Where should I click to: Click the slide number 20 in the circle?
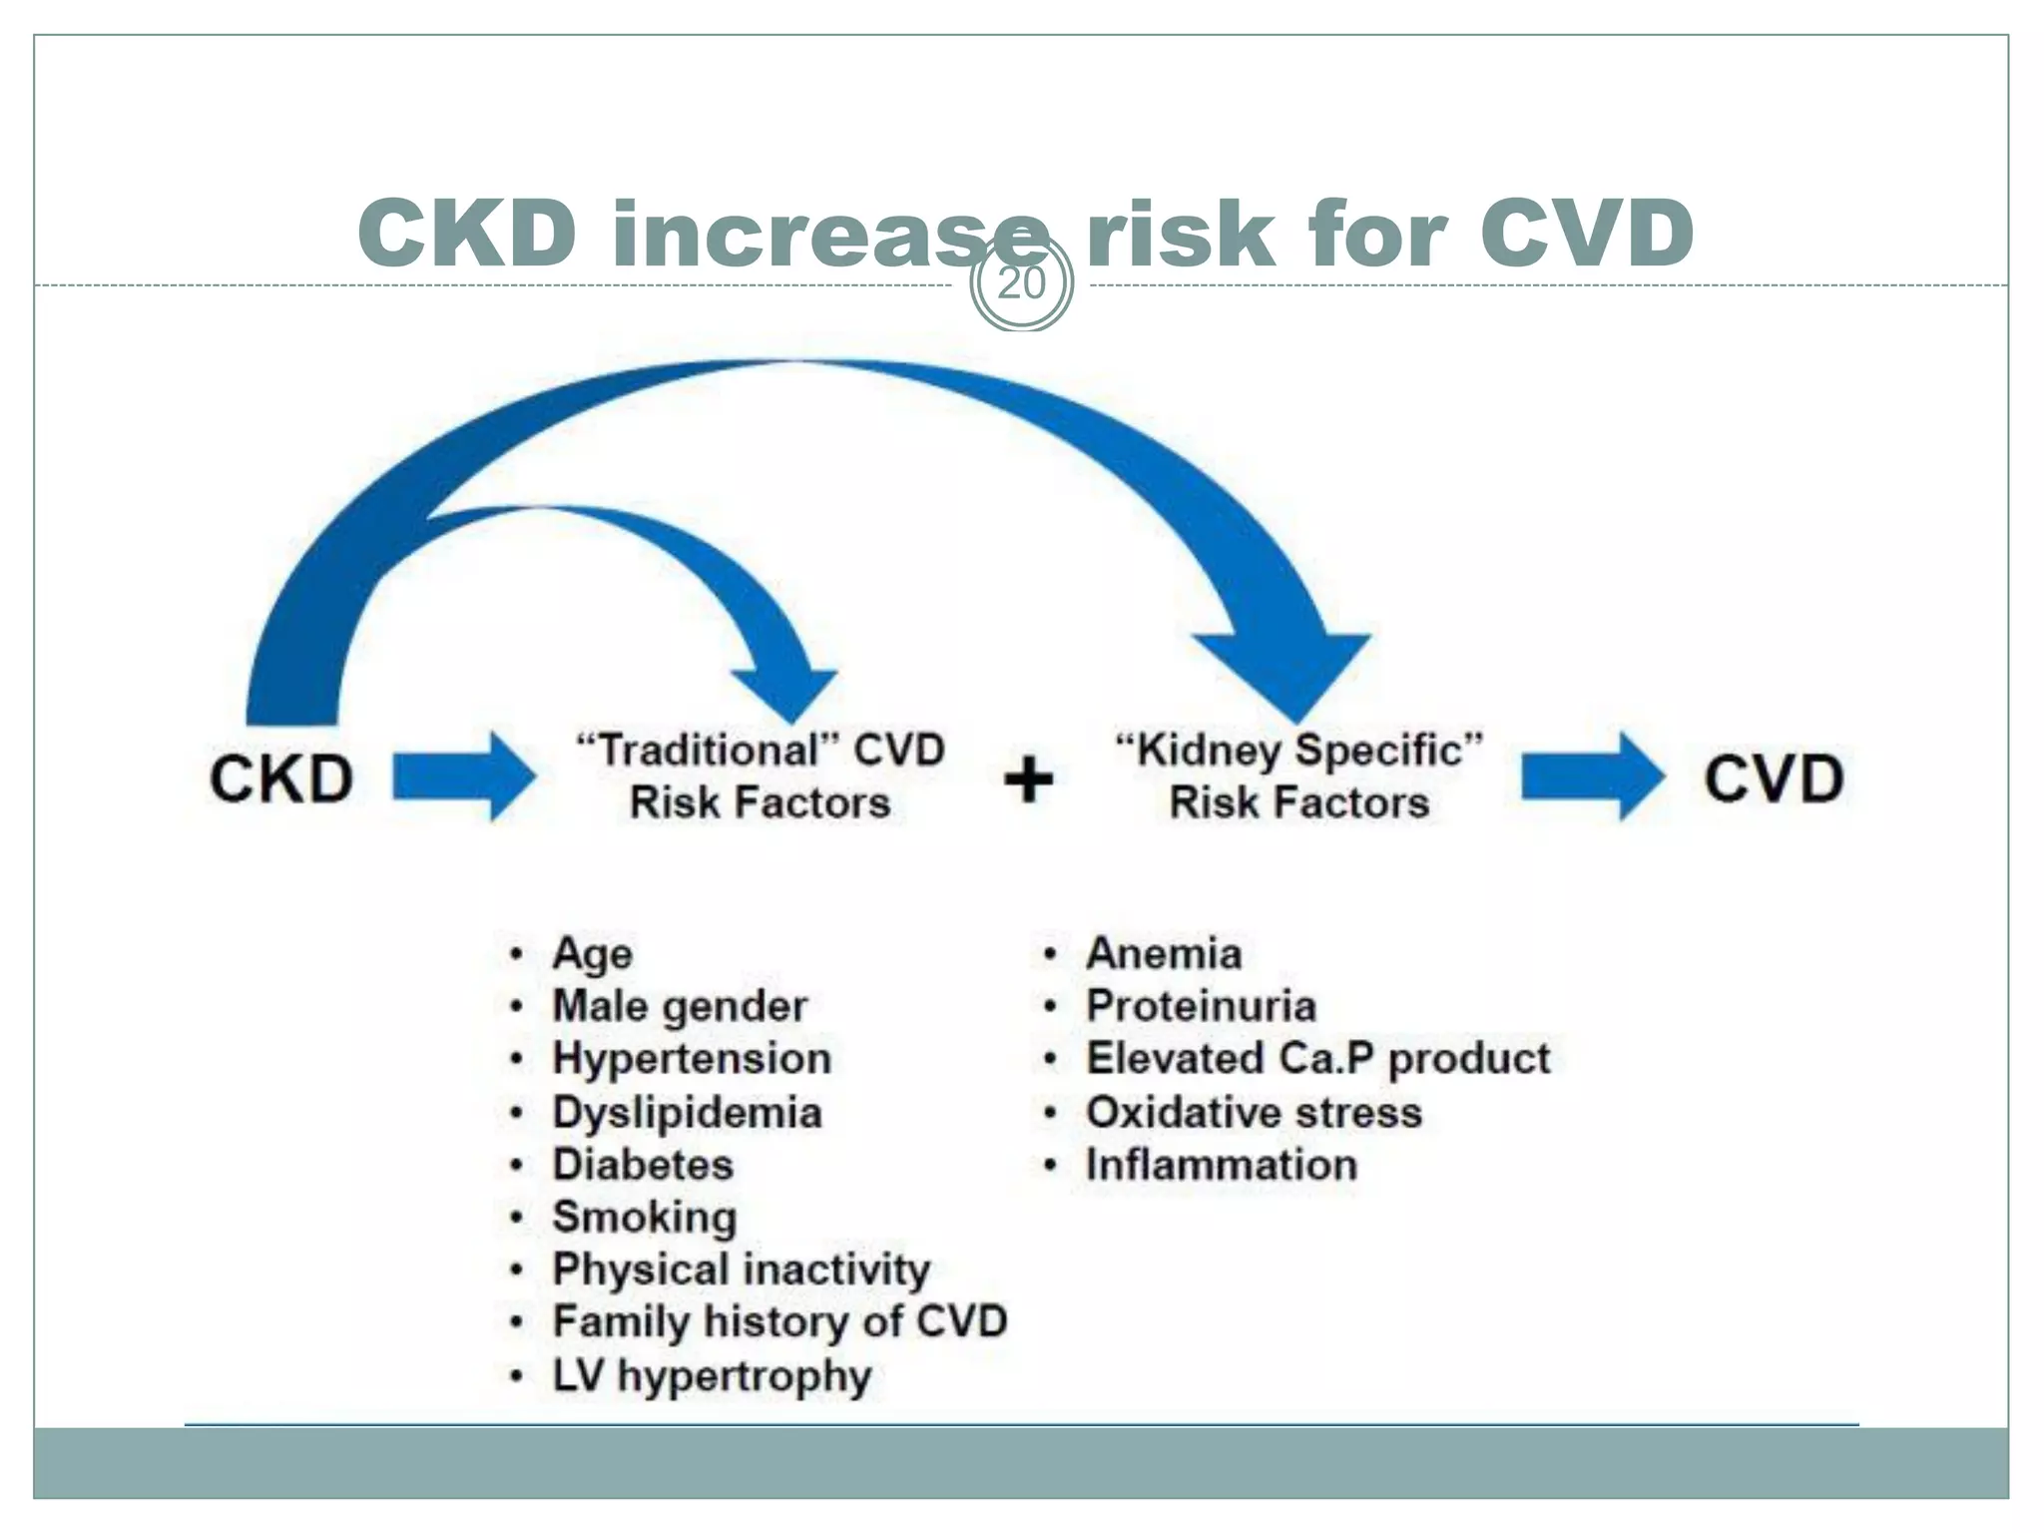[x=1021, y=284]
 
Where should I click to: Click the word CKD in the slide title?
[x=467, y=234]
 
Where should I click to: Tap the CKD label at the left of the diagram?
[x=281, y=778]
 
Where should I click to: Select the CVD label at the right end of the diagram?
[x=1774, y=778]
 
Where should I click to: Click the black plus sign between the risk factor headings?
[x=1028, y=779]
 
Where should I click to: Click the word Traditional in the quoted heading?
[x=709, y=751]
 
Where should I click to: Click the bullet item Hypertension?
[x=692, y=1059]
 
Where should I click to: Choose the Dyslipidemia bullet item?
[x=688, y=1113]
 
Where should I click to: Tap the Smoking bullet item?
[x=645, y=1217]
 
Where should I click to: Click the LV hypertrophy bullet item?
[x=713, y=1375]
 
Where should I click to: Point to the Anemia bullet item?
[x=1164, y=953]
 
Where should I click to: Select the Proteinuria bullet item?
[x=1201, y=1006]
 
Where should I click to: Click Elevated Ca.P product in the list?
[x=1317, y=1059]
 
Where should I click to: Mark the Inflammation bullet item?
[x=1222, y=1165]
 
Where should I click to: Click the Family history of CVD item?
[x=779, y=1321]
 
